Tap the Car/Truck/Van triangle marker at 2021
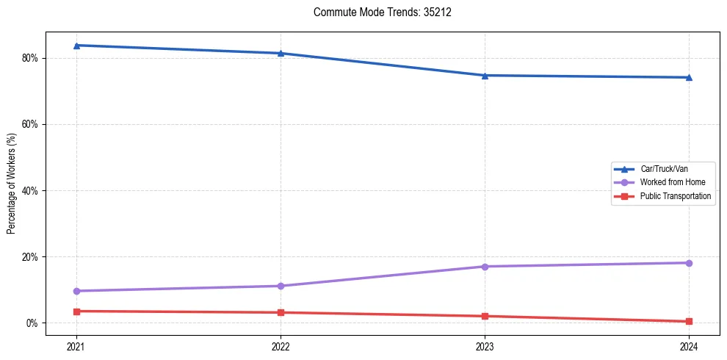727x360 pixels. tap(76, 46)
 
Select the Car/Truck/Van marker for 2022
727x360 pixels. tap(281, 53)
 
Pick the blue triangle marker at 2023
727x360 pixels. tap(485, 75)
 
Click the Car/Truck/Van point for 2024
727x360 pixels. tap(689, 77)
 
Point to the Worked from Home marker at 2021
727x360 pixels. tap(76, 291)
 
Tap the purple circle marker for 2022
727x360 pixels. tap(281, 286)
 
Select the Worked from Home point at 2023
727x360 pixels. tap(485, 266)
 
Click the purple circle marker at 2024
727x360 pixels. tap(689, 263)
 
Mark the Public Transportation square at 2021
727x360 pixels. tap(76, 312)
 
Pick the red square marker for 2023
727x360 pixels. tap(485, 316)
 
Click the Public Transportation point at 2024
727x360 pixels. tap(689, 321)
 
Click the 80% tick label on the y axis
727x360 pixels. tap(30, 58)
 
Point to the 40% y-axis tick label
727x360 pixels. tap(30, 190)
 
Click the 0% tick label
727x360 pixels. tap(32, 323)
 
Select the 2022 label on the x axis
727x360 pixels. tap(281, 346)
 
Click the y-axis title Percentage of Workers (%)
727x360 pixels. tap(12, 184)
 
